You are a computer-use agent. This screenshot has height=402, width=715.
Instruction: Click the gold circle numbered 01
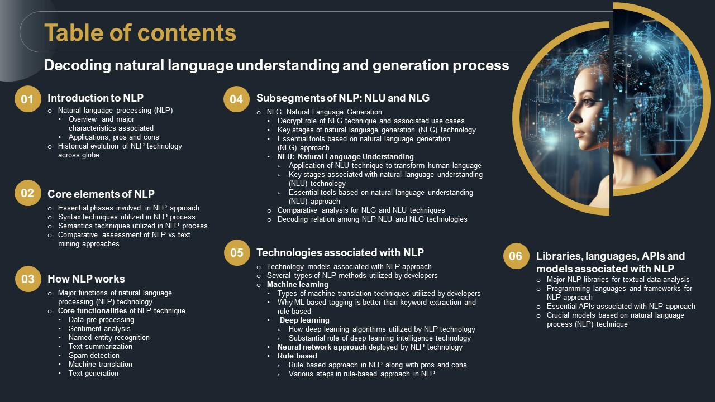(x=27, y=99)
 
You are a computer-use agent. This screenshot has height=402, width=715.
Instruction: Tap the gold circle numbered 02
(x=27, y=193)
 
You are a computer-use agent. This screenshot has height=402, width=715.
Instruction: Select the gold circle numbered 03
(x=27, y=279)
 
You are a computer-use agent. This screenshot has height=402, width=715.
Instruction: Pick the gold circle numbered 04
(x=236, y=99)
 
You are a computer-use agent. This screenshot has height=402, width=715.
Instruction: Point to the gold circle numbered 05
(x=236, y=252)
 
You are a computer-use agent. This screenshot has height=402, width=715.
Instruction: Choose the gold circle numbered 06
(x=515, y=256)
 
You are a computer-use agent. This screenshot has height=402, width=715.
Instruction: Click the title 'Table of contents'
(x=140, y=33)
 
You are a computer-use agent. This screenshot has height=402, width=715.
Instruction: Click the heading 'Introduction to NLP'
(x=95, y=98)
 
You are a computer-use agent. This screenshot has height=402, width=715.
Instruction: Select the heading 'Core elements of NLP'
(x=101, y=194)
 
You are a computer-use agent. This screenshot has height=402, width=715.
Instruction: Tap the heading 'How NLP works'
(x=86, y=279)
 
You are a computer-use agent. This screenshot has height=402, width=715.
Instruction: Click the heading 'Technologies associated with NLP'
(x=340, y=252)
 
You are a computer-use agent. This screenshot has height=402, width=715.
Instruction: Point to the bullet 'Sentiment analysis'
(x=99, y=329)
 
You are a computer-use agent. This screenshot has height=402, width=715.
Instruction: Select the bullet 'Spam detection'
(x=94, y=356)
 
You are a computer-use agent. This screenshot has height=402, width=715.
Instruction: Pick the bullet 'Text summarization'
(x=101, y=347)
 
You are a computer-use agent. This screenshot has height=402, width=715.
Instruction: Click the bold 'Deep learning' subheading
(x=304, y=320)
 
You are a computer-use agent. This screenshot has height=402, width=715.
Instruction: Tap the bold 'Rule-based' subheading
(x=297, y=356)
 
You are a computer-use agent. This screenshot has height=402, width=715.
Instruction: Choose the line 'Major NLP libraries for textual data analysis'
(x=618, y=280)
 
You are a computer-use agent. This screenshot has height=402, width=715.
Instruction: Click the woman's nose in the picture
(x=570, y=118)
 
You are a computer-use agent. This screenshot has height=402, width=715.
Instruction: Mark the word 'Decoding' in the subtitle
(x=77, y=66)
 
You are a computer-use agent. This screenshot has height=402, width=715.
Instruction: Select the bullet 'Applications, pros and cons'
(x=113, y=137)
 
